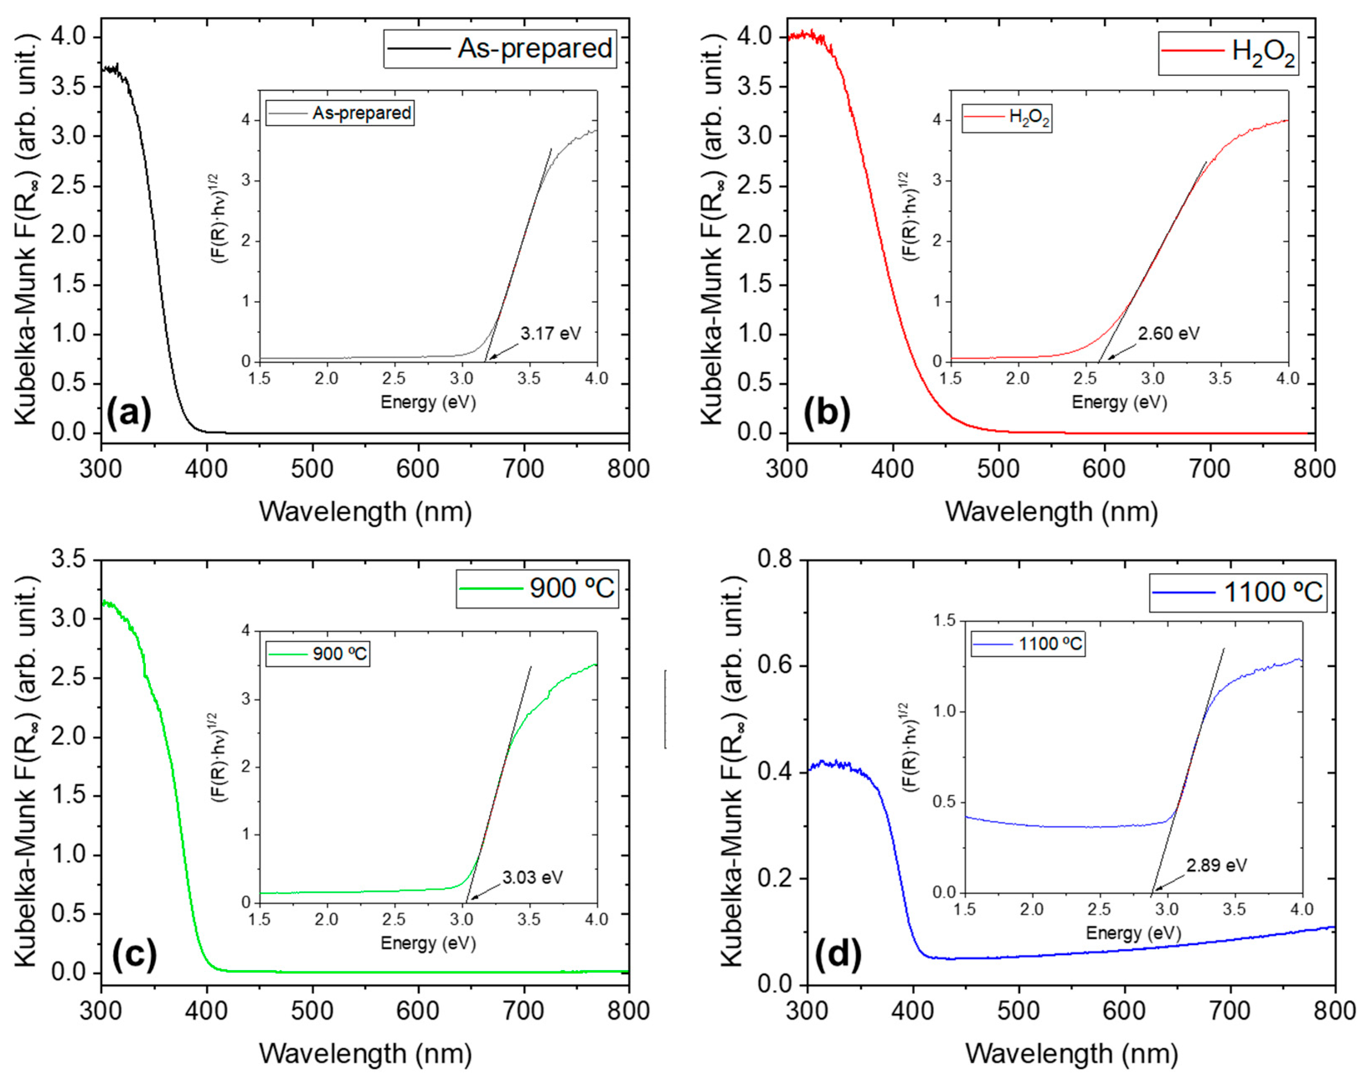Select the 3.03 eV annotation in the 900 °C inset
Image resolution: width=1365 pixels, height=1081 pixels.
[532, 877]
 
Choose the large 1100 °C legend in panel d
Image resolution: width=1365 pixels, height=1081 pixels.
[1237, 592]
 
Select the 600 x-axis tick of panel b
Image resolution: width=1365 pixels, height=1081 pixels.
[1104, 469]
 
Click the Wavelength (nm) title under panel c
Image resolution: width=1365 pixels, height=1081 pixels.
[365, 1053]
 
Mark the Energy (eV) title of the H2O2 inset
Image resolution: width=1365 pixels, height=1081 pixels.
[1119, 402]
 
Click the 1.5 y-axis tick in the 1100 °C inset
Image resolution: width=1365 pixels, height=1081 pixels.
[944, 621]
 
